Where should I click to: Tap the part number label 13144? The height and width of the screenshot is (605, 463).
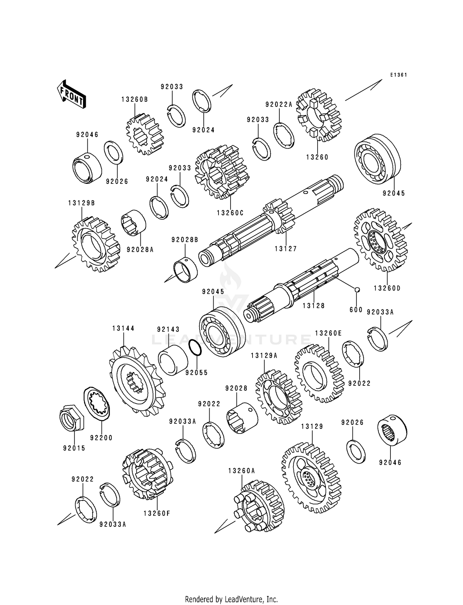pos(123,329)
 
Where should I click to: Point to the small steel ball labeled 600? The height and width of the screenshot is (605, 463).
pos(357,289)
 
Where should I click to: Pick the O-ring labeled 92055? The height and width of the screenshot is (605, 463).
pos(195,348)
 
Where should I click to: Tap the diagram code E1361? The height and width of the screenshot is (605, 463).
pos(398,75)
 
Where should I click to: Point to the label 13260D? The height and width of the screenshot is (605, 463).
pos(387,288)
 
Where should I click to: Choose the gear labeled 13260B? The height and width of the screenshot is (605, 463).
pos(144,134)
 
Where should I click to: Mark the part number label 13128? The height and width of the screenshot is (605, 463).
pos(314,306)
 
